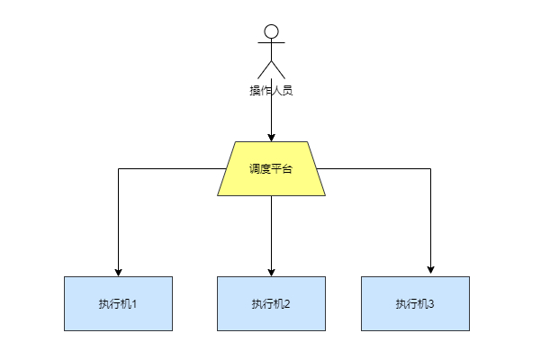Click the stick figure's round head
click(x=271, y=32)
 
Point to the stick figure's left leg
click(x=264, y=69)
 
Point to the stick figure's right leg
click(x=278, y=69)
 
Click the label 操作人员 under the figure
click(x=271, y=90)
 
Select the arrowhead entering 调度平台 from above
click(x=271, y=137)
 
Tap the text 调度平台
click(x=271, y=169)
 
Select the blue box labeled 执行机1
click(x=118, y=303)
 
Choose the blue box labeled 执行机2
click(x=271, y=303)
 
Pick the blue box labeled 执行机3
click(x=415, y=303)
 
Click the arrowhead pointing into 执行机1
click(x=118, y=272)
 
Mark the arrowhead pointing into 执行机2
click(x=271, y=272)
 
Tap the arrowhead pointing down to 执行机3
click(x=430, y=268)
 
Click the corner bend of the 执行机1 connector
click(x=118, y=168)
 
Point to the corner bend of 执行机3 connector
click(x=430, y=168)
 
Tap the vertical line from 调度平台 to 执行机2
click(x=271, y=234)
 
